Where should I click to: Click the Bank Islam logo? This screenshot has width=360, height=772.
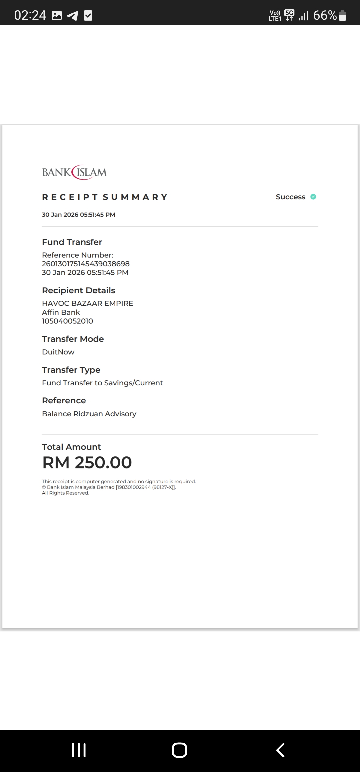[x=74, y=172]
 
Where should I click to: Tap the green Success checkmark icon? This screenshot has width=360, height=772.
[x=313, y=197]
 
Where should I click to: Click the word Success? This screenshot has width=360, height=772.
[x=290, y=197]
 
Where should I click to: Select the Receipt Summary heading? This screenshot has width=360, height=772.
[x=105, y=197]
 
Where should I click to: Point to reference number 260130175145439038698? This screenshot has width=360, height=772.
[x=86, y=264]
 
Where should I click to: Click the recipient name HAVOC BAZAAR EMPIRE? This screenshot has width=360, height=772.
[x=87, y=303]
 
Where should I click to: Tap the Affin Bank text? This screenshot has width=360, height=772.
[x=61, y=312]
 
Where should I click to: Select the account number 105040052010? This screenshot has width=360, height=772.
[x=67, y=321]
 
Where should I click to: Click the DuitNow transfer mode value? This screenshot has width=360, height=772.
[x=58, y=352]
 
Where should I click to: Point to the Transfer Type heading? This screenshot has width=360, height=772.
[x=71, y=370]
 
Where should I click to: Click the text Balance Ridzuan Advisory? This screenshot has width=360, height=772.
[x=89, y=414]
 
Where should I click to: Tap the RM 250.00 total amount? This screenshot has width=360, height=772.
[x=87, y=463]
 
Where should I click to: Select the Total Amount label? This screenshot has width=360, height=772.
[x=71, y=447]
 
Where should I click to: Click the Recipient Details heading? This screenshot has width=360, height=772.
[x=79, y=290]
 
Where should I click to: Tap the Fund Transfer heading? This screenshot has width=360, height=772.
[x=72, y=242]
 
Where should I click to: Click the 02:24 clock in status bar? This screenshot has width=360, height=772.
[x=30, y=15]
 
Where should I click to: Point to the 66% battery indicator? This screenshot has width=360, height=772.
[x=329, y=15]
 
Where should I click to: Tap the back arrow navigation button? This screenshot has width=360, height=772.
[x=280, y=750]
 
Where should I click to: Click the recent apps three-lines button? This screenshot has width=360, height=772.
[x=79, y=750]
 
